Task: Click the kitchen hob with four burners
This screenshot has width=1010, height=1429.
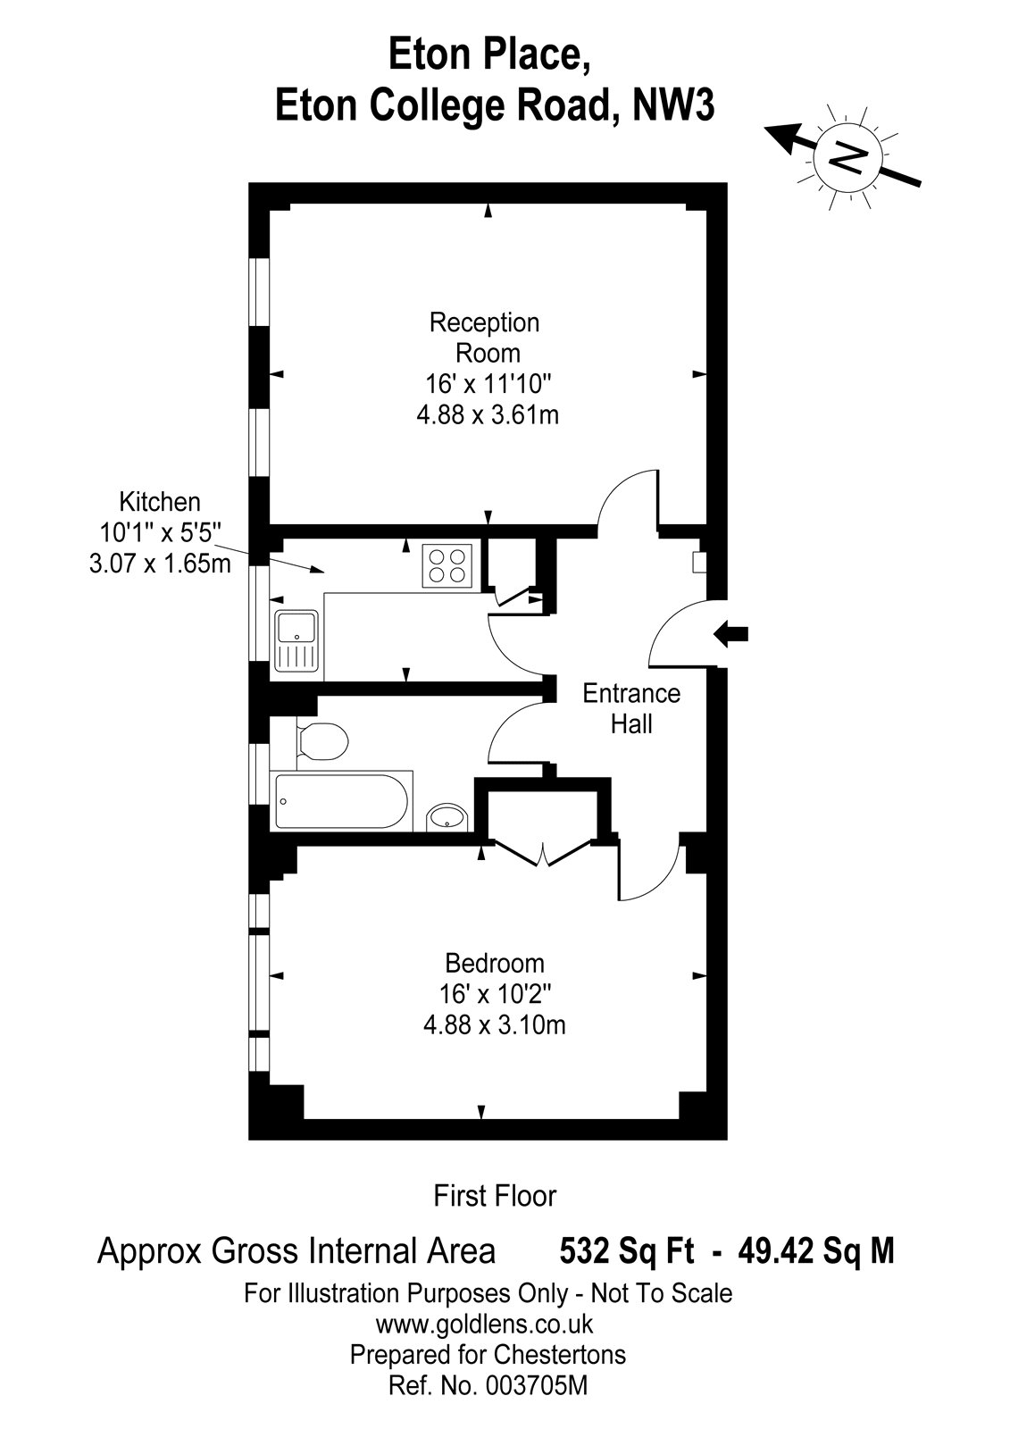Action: click(447, 565)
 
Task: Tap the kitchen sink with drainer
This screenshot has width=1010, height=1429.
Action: click(296, 642)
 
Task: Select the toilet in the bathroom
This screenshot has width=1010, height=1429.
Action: click(322, 742)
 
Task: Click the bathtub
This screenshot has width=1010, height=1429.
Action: click(341, 801)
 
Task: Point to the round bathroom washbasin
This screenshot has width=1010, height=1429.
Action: click(447, 816)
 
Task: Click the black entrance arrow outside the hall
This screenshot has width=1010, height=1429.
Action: click(730, 634)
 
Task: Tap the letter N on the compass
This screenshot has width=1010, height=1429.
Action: click(848, 155)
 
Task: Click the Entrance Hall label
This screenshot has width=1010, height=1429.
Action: click(631, 709)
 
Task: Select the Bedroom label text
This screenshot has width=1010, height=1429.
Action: click(495, 963)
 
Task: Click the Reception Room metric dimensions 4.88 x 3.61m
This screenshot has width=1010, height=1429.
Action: click(488, 415)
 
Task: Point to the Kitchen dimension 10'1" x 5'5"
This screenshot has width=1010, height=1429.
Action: click(160, 532)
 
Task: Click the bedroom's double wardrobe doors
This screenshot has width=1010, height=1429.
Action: click(542, 854)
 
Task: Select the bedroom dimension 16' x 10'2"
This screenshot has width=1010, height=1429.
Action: click(495, 994)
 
